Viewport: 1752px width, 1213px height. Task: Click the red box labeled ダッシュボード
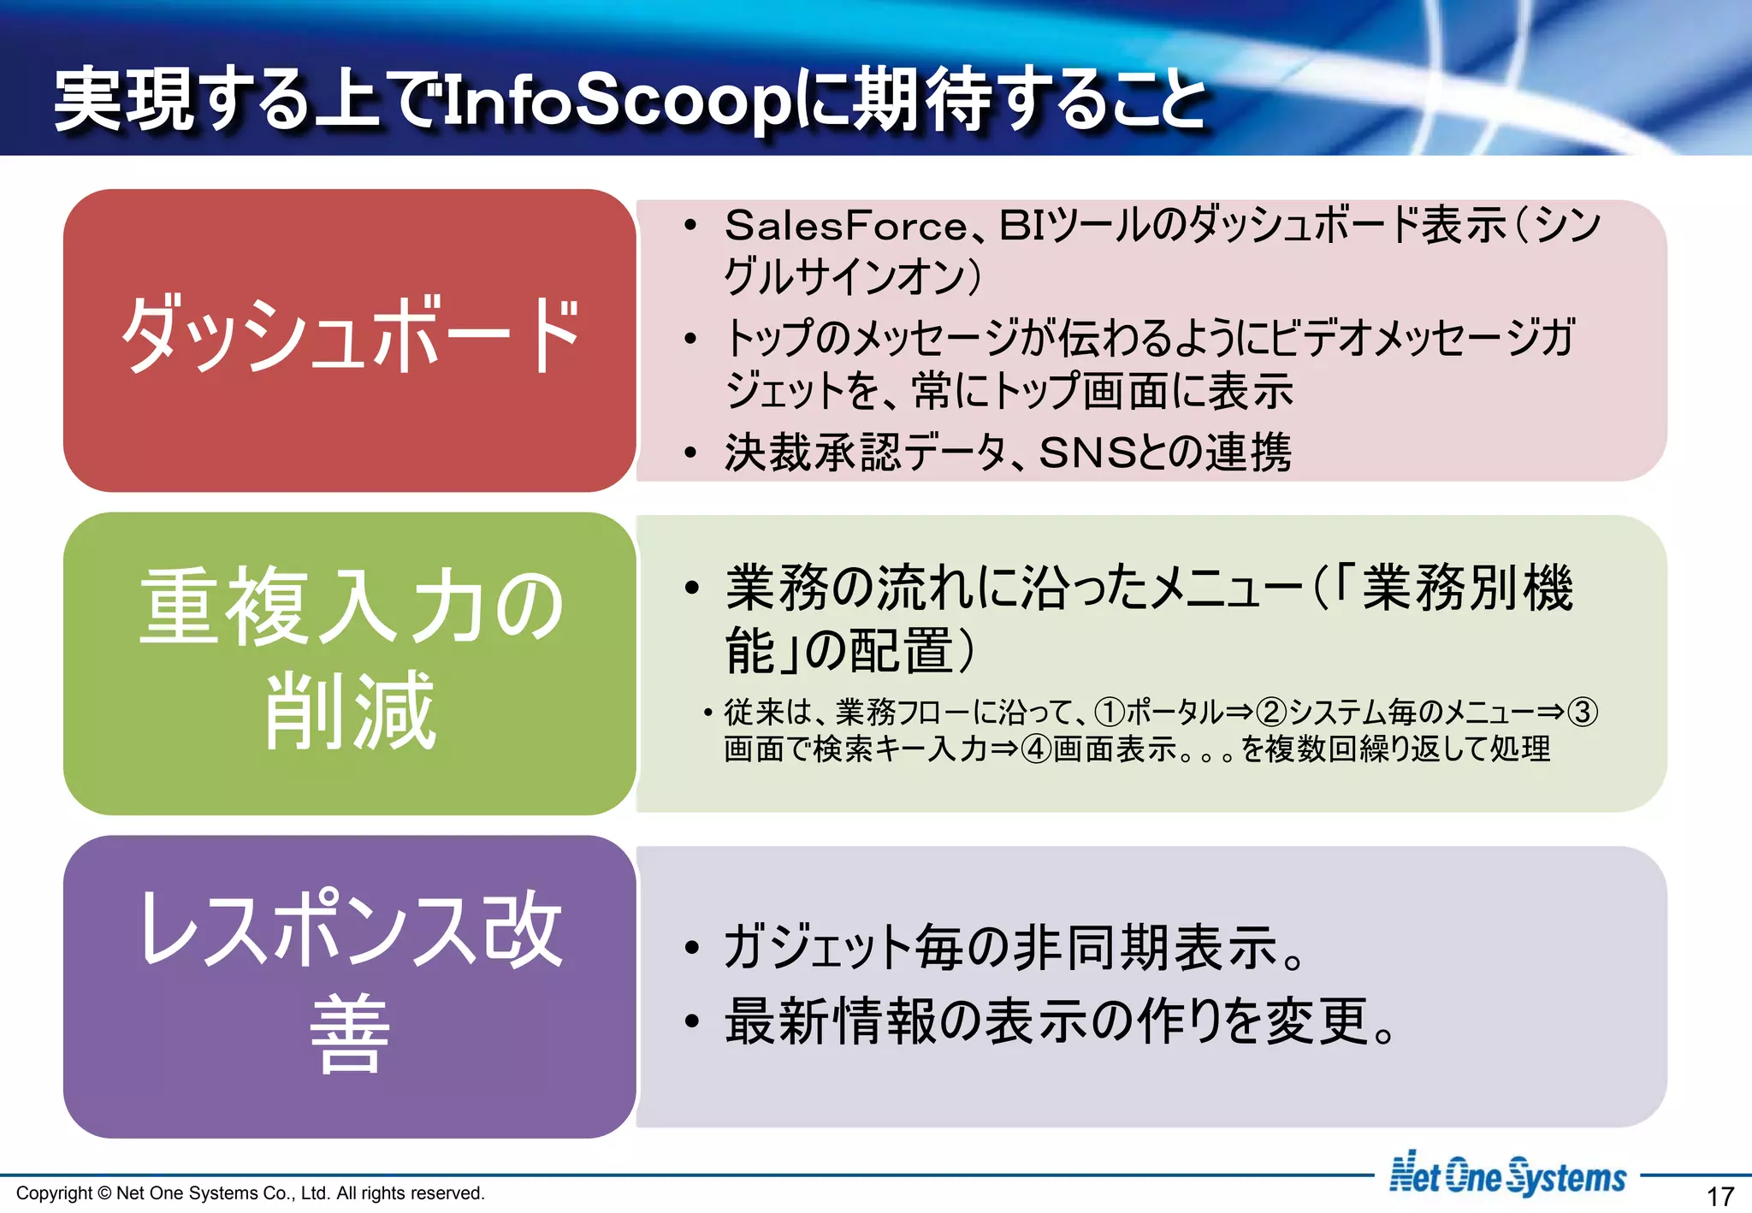coord(349,339)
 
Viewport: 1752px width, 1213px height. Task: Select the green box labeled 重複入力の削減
coord(349,662)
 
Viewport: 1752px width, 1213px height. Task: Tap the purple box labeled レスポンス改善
coord(349,985)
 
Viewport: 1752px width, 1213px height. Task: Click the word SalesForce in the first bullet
coord(845,226)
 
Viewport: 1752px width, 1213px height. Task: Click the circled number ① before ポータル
coord(1110,712)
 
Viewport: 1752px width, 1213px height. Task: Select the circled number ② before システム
coord(1272,712)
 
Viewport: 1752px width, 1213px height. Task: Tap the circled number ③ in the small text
coord(1583,712)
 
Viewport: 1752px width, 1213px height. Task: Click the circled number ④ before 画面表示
coord(1037,749)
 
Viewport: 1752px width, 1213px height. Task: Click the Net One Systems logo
coord(1506,1175)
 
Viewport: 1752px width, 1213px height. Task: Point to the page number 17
coord(1719,1195)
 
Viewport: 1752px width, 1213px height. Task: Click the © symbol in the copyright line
coord(104,1193)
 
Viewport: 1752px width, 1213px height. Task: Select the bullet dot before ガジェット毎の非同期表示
coord(691,948)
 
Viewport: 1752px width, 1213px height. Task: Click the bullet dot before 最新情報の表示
coord(691,1021)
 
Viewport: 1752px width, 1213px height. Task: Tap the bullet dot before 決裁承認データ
coord(691,453)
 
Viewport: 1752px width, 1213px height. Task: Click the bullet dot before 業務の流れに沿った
coord(691,589)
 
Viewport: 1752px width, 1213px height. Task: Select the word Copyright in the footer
coord(54,1193)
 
